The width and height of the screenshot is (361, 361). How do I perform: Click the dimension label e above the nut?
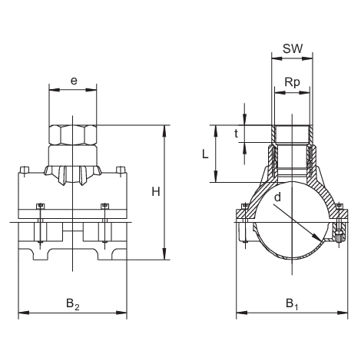[73, 79]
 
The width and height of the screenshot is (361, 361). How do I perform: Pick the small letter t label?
[237, 131]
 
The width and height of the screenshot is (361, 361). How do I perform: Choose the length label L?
[206, 154]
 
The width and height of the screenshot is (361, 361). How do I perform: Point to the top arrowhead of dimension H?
[164, 127]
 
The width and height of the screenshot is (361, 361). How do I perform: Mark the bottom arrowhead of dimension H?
[164, 259]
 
